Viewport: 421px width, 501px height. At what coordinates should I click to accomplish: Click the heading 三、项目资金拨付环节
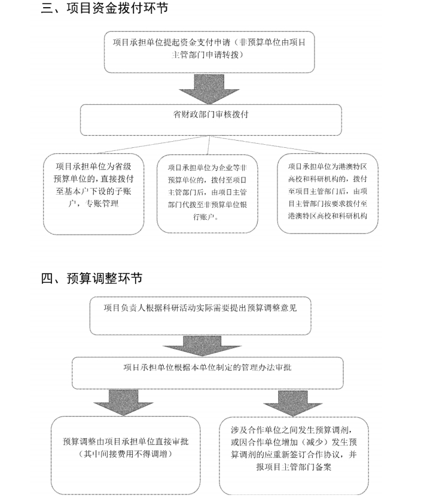pos(105,8)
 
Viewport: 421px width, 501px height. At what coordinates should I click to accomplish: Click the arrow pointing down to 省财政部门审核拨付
pos(209,89)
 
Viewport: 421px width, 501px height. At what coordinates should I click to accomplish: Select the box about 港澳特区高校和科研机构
pos(328,192)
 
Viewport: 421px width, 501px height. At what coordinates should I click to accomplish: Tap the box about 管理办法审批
pos(208,372)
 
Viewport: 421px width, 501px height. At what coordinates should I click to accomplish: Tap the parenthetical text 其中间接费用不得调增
pos(122,455)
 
